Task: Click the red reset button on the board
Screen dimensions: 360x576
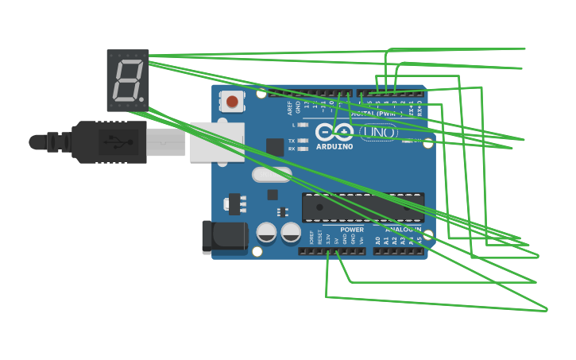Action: [x=232, y=102]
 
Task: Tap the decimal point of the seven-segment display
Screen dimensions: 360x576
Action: [x=141, y=100]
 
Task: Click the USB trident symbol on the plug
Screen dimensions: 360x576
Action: [x=118, y=142]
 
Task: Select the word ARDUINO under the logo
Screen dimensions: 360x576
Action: [x=334, y=147]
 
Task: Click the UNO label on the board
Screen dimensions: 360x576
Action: [x=379, y=132]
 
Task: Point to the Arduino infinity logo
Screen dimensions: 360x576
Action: [x=334, y=132]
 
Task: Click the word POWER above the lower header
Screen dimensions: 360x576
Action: [x=352, y=230]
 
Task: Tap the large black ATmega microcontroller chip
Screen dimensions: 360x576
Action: [x=362, y=207]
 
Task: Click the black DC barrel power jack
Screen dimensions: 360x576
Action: [x=225, y=237]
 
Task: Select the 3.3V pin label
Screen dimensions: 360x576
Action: [x=328, y=238]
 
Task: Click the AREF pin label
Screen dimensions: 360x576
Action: [x=290, y=107]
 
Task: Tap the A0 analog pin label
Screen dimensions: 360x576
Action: [x=378, y=239]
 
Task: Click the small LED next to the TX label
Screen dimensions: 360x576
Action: [x=303, y=141]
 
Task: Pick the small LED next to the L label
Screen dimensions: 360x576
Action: [x=303, y=125]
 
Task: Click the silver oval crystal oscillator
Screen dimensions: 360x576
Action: [x=272, y=174]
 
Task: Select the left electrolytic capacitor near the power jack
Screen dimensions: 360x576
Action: [x=267, y=232]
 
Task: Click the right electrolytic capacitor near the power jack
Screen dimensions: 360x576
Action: [x=291, y=232]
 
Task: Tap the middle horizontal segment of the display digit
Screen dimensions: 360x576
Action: [x=126, y=80]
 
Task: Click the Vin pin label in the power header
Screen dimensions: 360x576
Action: [x=361, y=239]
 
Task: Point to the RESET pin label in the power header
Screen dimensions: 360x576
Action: [x=320, y=237]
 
